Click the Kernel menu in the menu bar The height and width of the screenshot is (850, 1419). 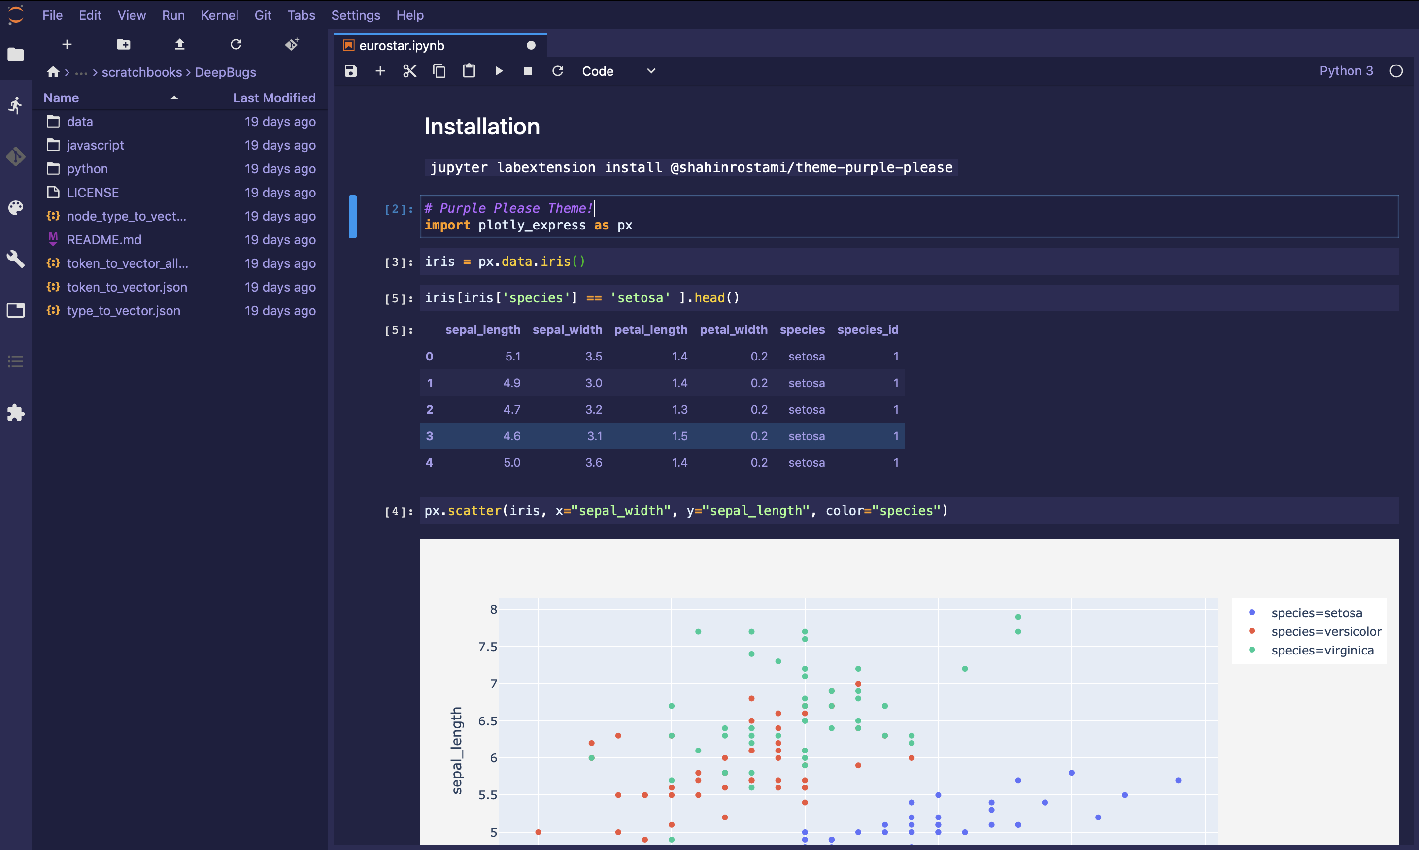[219, 15]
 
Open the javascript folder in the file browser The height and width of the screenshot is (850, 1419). [95, 145]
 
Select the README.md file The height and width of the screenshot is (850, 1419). [103, 240]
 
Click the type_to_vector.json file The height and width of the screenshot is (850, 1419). [123, 311]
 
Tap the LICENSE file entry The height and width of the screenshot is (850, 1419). [93, 193]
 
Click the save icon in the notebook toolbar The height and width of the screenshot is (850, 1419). [351, 71]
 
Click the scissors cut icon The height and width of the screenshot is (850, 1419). [409, 71]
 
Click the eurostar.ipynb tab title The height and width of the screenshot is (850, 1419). [402, 46]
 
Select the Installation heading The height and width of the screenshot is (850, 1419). [482, 127]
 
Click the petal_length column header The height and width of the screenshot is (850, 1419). [650, 330]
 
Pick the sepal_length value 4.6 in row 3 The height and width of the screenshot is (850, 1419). [511, 436]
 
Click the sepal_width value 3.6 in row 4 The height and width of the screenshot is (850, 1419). [594, 463]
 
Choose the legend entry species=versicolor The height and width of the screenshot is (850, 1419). [1325, 632]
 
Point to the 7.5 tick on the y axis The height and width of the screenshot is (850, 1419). [487, 647]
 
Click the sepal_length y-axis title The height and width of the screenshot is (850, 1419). [456, 751]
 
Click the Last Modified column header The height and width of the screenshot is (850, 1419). [274, 98]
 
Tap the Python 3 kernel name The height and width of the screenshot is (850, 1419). [1346, 71]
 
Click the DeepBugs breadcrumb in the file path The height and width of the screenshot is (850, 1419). [225, 73]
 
